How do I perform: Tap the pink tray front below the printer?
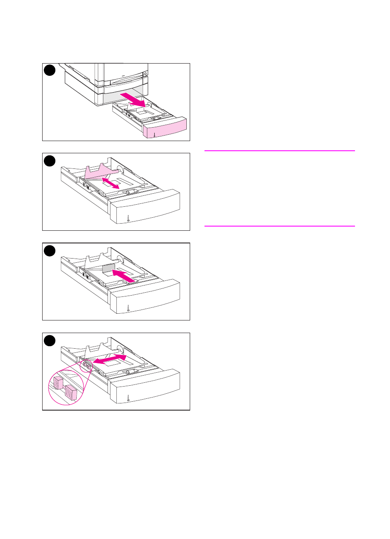click(x=164, y=128)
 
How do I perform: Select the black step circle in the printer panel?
click(x=50, y=71)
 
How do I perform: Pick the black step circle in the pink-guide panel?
click(x=50, y=160)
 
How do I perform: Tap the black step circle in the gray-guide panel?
click(x=50, y=251)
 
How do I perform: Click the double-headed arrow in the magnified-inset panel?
click(x=110, y=360)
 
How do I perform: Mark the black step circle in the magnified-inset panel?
click(x=50, y=340)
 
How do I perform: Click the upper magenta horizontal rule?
click(x=280, y=150)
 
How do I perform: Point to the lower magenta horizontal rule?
click(x=280, y=226)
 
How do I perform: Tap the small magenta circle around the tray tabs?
click(x=87, y=365)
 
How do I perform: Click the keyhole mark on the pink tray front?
click(x=155, y=135)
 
